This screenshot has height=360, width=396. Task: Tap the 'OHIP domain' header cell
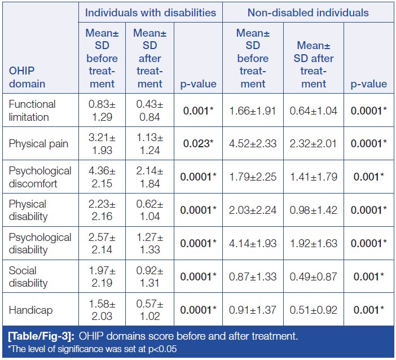27,78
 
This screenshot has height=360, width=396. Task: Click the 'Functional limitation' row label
32,111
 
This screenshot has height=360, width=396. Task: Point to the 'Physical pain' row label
39,143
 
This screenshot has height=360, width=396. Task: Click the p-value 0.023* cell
197,143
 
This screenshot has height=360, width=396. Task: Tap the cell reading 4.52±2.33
253,143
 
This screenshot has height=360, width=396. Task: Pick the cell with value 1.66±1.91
253,111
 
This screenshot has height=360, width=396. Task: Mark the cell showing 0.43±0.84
149,111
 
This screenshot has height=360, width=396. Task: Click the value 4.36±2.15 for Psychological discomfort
102,177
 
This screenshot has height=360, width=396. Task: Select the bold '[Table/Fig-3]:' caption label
39,336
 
